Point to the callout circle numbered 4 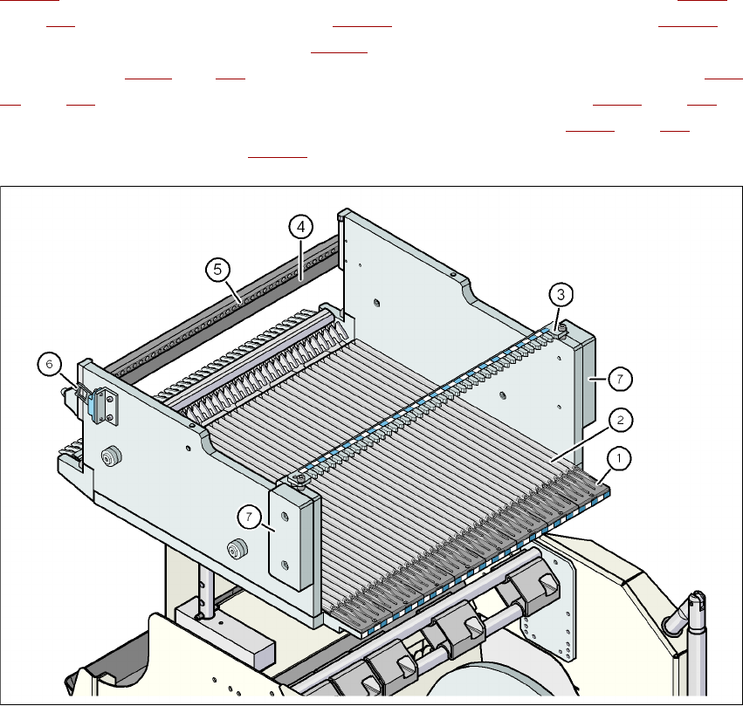[299, 227]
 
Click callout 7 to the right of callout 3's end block [621, 379]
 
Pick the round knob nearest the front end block [233, 549]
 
